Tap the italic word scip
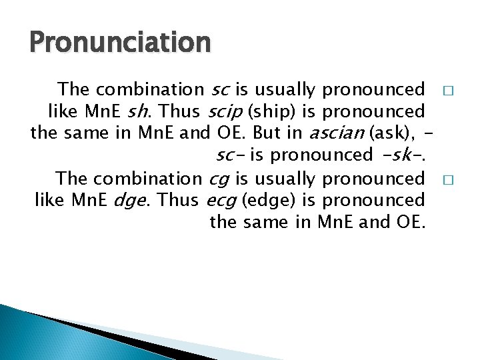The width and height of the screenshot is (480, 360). [223, 111]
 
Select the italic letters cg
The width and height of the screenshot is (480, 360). [219, 178]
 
